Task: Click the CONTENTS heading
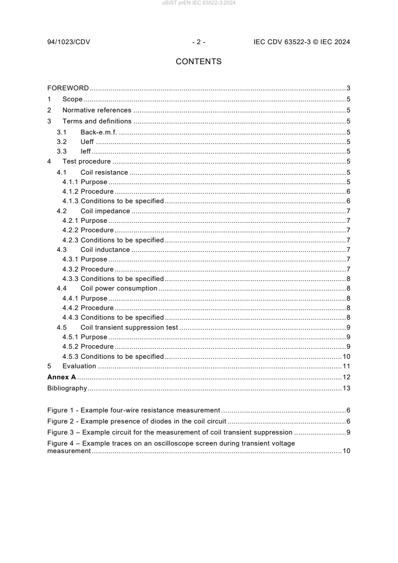[199, 62]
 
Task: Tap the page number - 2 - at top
[199, 42]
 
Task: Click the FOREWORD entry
[68, 88]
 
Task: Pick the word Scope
[72, 99]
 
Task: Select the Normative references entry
[97, 110]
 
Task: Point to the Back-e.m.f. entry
[98, 132]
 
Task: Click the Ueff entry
[87, 142]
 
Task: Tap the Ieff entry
[85, 152]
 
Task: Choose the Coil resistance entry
[104, 173]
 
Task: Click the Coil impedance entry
[105, 211]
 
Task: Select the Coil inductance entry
[105, 250]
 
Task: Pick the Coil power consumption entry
[119, 289]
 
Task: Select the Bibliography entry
[67, 388]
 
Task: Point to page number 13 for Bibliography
[346, 388]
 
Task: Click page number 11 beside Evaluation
[346, 366]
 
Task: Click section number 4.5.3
[70, 357]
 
